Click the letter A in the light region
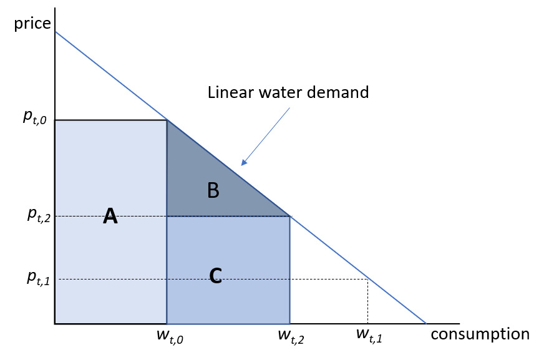pos(110,216)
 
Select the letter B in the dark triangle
pos(213,190)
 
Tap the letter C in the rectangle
pos(215,275)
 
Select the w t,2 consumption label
pos(291,337)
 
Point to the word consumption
pos(480,334)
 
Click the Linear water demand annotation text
pos(288,93)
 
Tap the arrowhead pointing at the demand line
pos(244,163)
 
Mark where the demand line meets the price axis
pos(55,31)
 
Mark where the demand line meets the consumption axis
pos(426,324)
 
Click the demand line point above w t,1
pos(367,279)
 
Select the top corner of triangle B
pos(167,120)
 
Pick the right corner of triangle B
pos(290,216)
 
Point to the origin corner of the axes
pos(55,324)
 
